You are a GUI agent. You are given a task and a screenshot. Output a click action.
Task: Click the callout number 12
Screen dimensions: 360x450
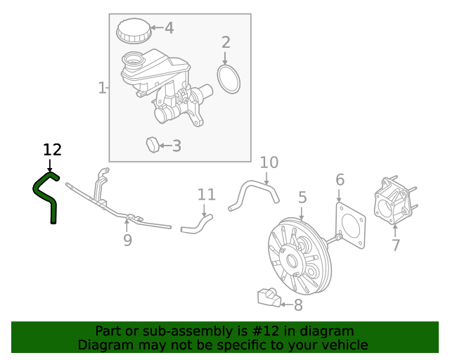pyautogui.click(x=52, y=150)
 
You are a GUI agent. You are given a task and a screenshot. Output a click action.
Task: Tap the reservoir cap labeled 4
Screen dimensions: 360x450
pyautogui.click(x=134, y=30)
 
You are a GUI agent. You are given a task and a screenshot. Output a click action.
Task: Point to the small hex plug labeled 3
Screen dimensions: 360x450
pyautogui.click(x=153, y=145)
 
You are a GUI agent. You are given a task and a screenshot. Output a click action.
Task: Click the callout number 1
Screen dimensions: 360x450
pyautogui.click(x=102, y=88)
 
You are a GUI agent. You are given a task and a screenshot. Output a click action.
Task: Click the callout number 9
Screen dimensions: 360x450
pyautogui.click(x=127, y=240)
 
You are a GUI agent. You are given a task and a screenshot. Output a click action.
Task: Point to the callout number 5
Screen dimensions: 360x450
pyautogui.click(x=302, y=198)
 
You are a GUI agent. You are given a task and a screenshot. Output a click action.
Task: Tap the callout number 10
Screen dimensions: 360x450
pyautogui.click(x=269, y=163)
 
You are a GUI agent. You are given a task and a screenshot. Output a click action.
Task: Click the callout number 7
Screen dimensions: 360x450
pyautogui.click(x=396, y=245)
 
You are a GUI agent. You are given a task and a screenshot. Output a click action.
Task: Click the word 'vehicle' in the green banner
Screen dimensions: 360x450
pyautogui.click(x=342, y=345)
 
